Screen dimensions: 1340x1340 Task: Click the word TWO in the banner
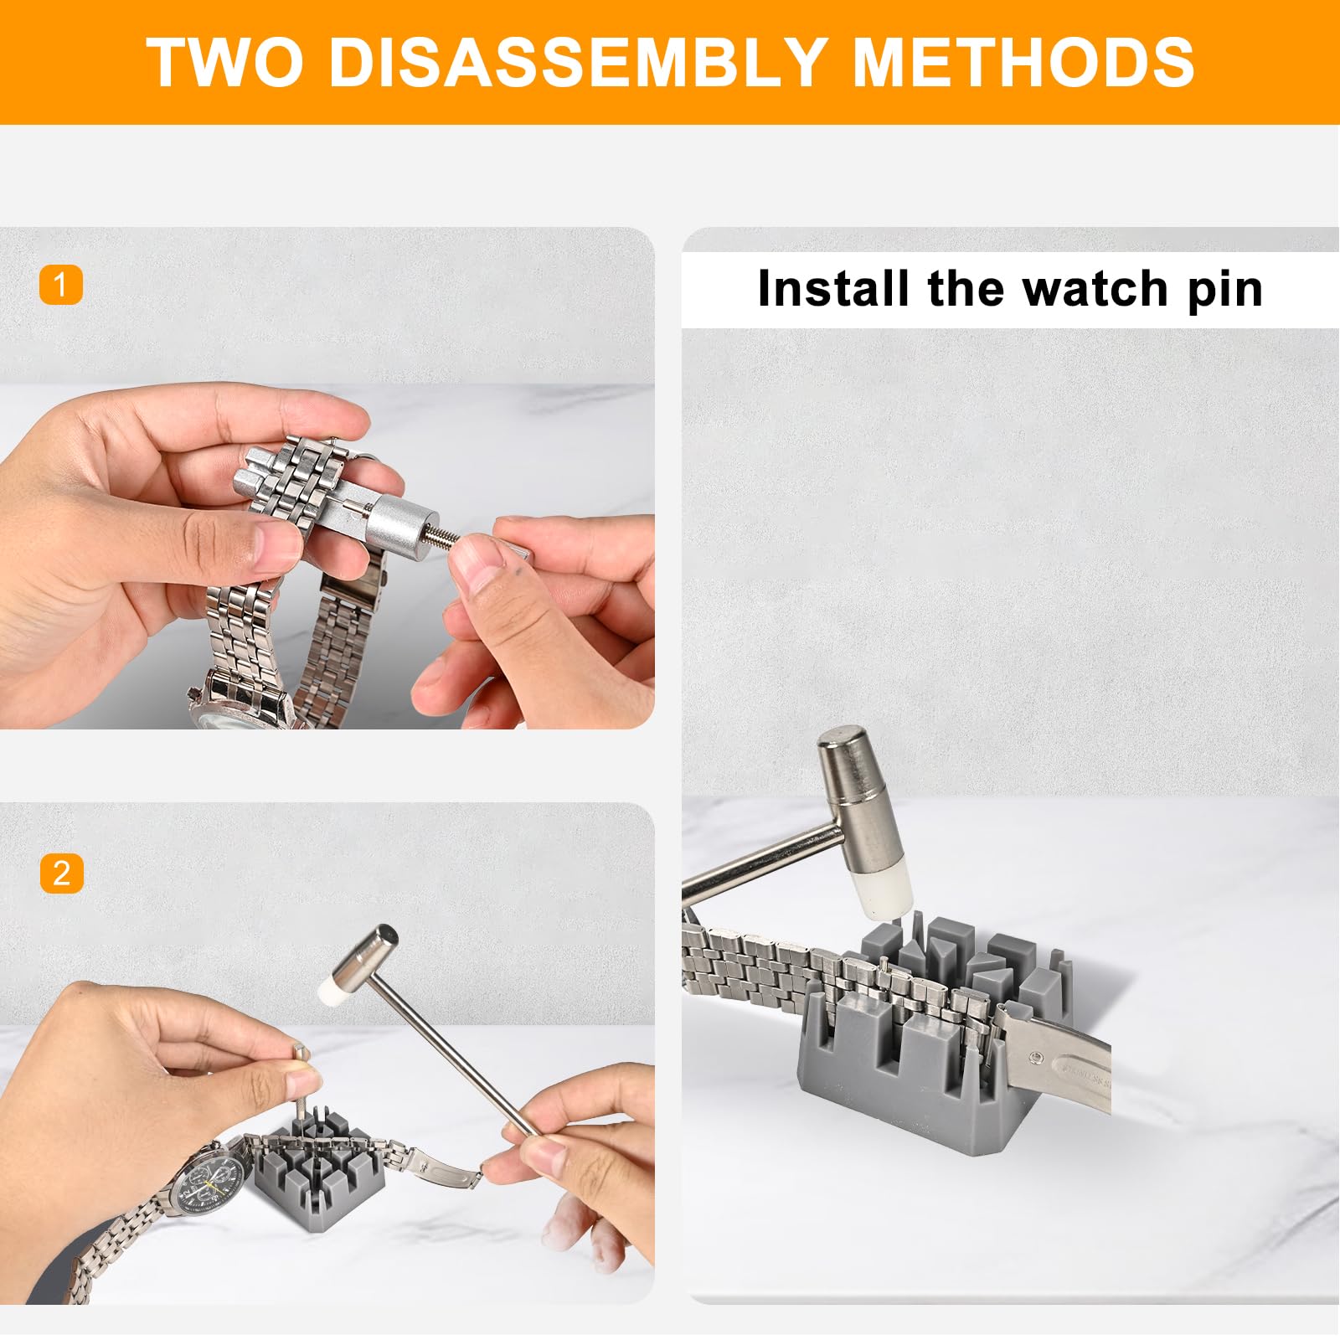(x=224, y=62)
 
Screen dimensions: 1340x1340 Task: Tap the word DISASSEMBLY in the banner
(x=578, y=62)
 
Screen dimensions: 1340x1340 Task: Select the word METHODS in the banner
(x=1023, y=62)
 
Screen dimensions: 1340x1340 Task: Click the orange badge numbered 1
(x=61, y=286)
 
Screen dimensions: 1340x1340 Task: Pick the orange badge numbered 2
(x=61, y=874)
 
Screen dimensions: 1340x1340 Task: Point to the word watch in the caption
(x=1095, y=290)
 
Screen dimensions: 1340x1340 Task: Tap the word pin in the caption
(x=1224, y=290)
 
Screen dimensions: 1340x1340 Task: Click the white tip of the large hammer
(x=883, y=893)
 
